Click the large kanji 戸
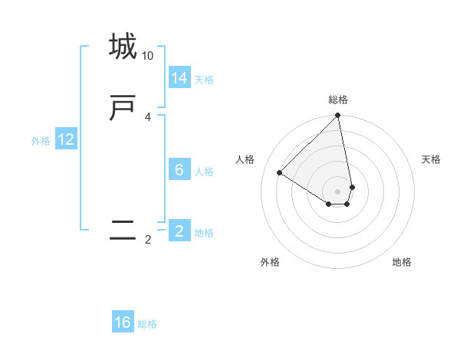pyautogui.click(x=123, y=108)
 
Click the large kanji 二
pyautogui.click(x=123, y=230)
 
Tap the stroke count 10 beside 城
pyautogui.click(x=148, y=56)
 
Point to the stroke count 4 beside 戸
pyautogui.click(x=148, y=117)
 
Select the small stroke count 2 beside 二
pyautogui.click(x=148, y=240)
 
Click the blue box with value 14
pyautogui.click(x=179, y=78)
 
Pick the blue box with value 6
pyautogui.click(x=179, y=170)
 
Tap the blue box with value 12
pyautogui.click(x=66, y=139)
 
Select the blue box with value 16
pyautogui.click(x=123, y=322)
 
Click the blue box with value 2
pyautogui.click(x=179, y=231)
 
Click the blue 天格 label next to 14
pyautogui.click(x=204, y=80)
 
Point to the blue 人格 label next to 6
pyautogui.click(x=204, y=172)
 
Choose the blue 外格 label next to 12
pyautogui.click(x=41, y=141)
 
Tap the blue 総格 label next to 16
pyautogui.click(x=147, y=324)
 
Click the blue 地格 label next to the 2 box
pyautogui.click(x=204, y=233)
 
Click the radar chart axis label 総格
pyautogui.click(x=338, y=100)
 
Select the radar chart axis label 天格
pyautogui.click(x=431, y=159)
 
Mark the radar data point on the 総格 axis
pyautogui.click(x=338, y=116)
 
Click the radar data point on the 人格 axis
pyautogui.click(x=280, y=173)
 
